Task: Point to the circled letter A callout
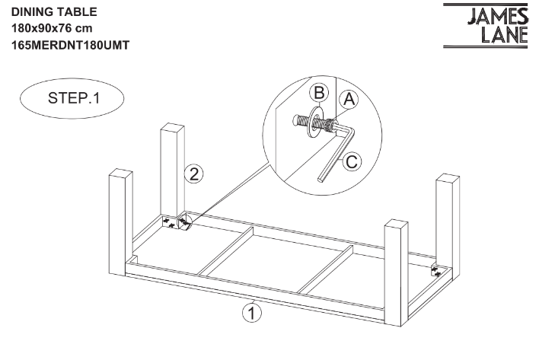350,98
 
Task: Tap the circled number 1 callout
248,311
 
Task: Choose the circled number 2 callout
195,174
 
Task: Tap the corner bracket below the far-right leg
437,269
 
